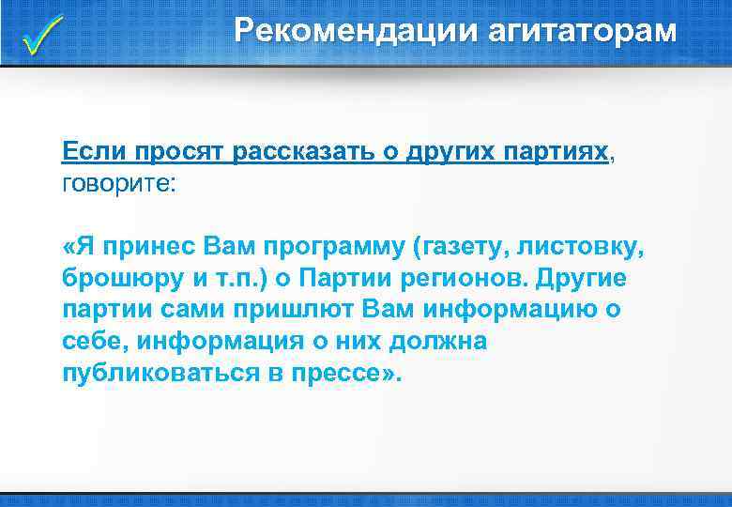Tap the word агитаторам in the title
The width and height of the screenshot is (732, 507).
[x=580, y=31]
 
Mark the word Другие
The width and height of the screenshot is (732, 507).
[x=595, y=279]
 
